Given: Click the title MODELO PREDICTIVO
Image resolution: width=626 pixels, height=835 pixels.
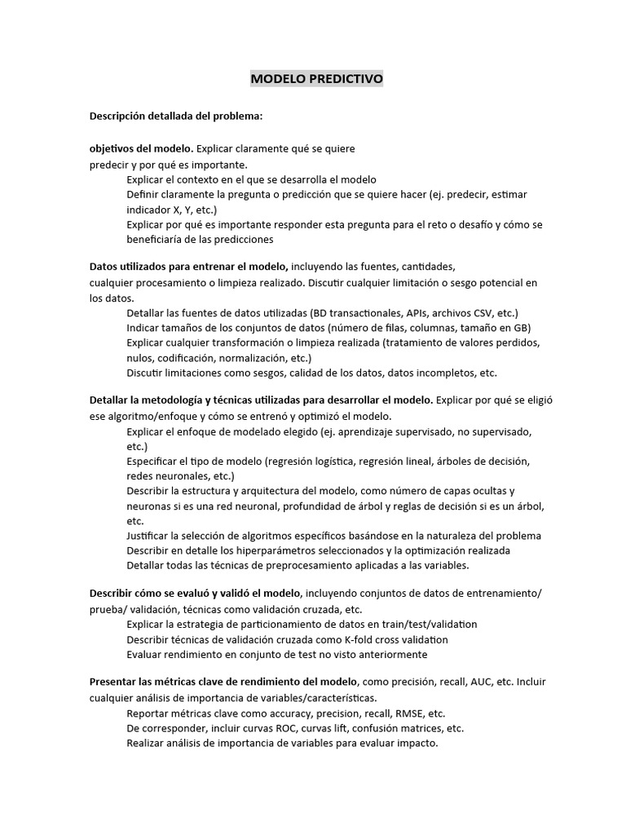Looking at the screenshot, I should click(x=315, y=79).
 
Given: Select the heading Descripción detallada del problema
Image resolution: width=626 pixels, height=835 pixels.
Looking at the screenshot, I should click(x=176, y=116).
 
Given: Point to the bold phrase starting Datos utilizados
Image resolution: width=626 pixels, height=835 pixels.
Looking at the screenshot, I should click(x=188, y=266).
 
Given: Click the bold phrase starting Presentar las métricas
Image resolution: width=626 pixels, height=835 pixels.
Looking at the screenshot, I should click(x=223, y=681).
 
